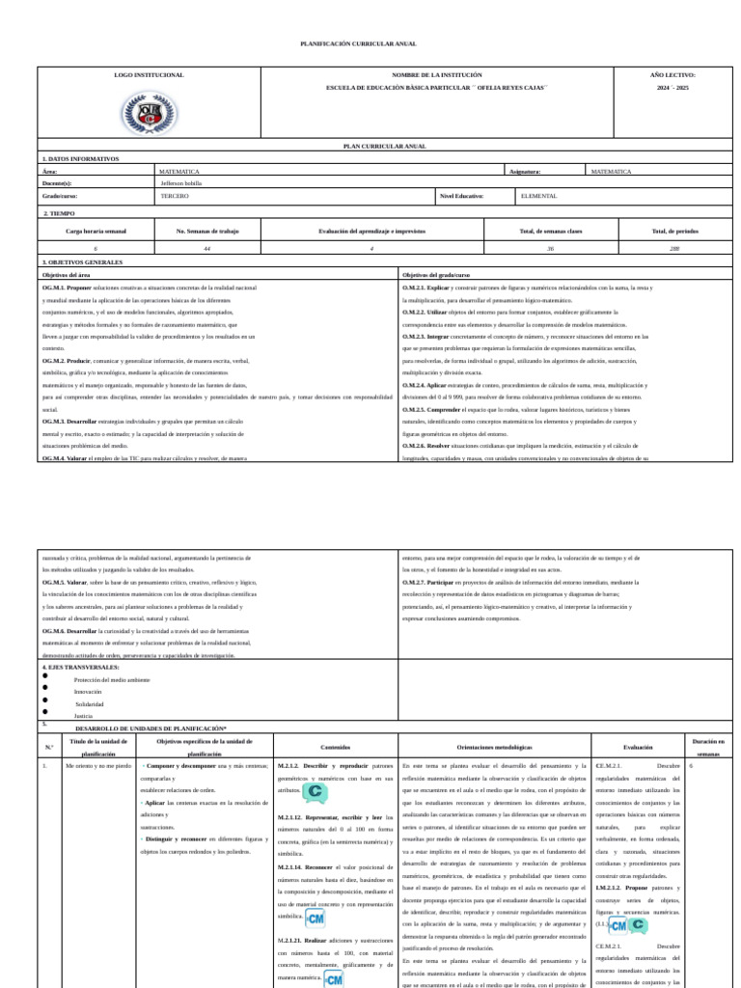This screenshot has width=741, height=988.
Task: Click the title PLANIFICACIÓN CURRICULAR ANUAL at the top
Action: [359, 44]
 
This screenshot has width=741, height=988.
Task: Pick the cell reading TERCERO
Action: [175, 195]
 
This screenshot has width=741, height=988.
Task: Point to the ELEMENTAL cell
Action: [538, 195]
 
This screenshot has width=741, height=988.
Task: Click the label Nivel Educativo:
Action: [461, 195]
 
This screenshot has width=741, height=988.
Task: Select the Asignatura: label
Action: [525, 171]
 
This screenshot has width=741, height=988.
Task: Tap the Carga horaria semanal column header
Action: [96, 232]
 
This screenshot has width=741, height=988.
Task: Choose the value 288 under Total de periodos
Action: [674, 249]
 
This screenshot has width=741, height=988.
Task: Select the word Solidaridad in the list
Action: [89, 704]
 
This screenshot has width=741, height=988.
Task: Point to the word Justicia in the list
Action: [83, 716]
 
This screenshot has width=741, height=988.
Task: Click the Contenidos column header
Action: [336, 746]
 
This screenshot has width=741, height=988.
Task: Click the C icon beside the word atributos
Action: [315, 792]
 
